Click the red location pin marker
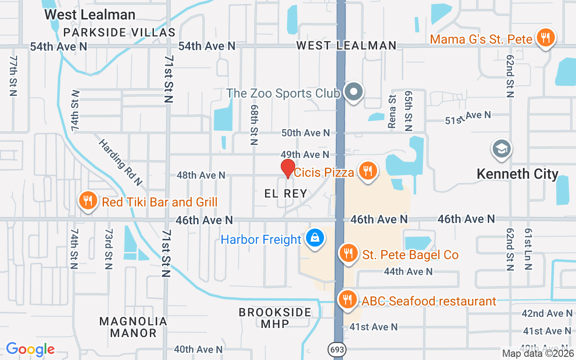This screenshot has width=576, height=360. click(288, 168)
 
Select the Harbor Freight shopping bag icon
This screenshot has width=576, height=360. click(315, 238)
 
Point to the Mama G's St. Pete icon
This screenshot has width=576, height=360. click(545, 37)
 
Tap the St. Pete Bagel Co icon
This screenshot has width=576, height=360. click(348, 253)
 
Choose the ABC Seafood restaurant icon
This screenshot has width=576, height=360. click(347, 299)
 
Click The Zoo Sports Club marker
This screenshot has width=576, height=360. click(354, 92)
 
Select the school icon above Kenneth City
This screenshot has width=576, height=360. click(502, 148)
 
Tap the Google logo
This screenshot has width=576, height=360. click(31, 349)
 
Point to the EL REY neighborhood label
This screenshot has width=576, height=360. click(286, 194)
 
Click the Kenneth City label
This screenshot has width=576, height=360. click(517, 174)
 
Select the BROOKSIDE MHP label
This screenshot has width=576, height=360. click(275, 318)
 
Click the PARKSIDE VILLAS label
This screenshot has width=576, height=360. click(119, 32)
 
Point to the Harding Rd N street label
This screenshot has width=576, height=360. click(121, 162)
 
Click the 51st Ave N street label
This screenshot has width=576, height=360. click(468, 118)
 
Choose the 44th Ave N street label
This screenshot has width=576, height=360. click(408, 272)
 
